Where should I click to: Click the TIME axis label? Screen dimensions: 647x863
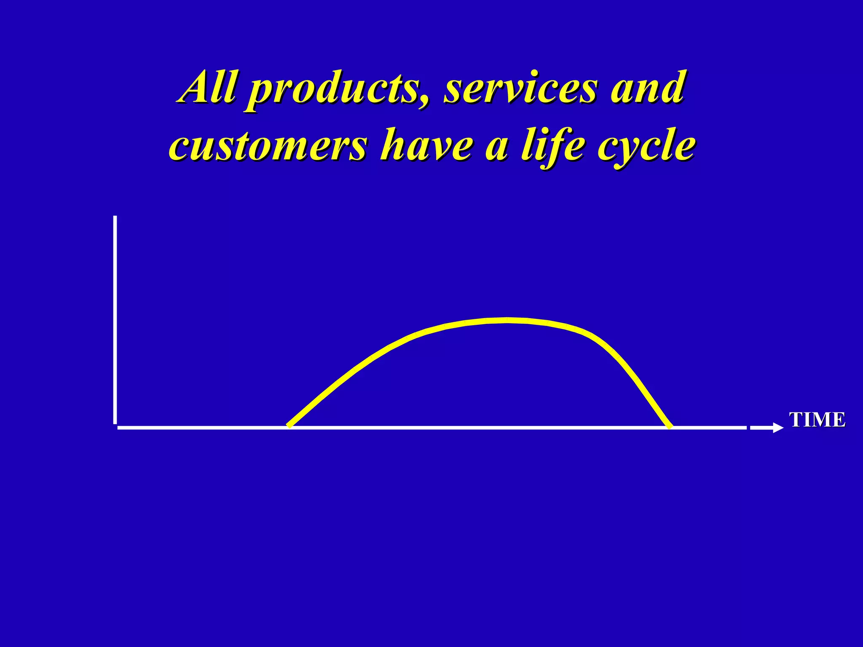[x=817, y=420]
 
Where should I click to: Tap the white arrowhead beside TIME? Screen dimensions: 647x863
[x=778, y=428]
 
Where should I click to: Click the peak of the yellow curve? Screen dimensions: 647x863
[x=508, y=320]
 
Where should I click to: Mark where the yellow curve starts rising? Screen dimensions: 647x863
[x=289, y=426]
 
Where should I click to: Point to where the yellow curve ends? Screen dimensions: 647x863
[x=670, y=427]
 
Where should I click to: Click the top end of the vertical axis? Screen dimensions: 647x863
[x=115, y=218]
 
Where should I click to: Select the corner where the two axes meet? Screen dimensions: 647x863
[x=116, y=427]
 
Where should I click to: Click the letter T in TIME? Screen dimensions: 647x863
[x=796, y=420]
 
